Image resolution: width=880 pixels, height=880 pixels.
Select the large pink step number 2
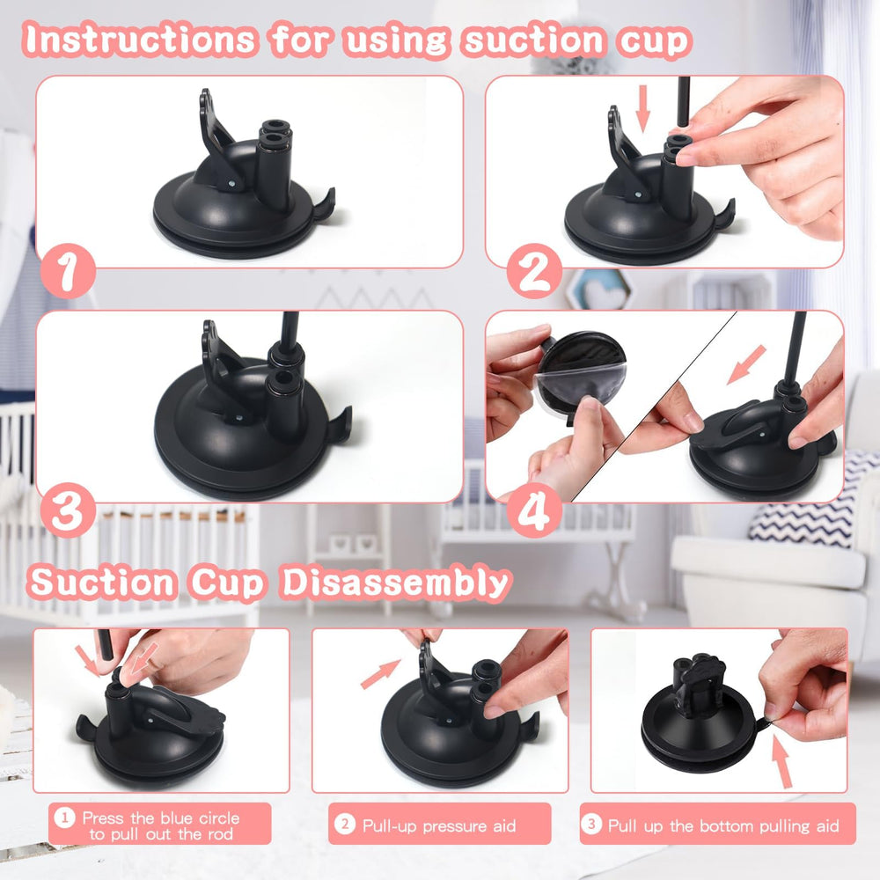pos(533,274)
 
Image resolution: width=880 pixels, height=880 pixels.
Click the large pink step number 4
pos(533,513)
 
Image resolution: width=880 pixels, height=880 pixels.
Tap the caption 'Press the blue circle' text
pos(160,818)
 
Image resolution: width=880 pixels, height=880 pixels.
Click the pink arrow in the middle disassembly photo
pos(380,674)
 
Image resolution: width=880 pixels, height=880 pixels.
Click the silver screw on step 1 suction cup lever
pos(231,183)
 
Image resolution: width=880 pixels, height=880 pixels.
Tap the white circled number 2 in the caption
pos(345,825)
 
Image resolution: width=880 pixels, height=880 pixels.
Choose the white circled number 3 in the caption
pos(592,825)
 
